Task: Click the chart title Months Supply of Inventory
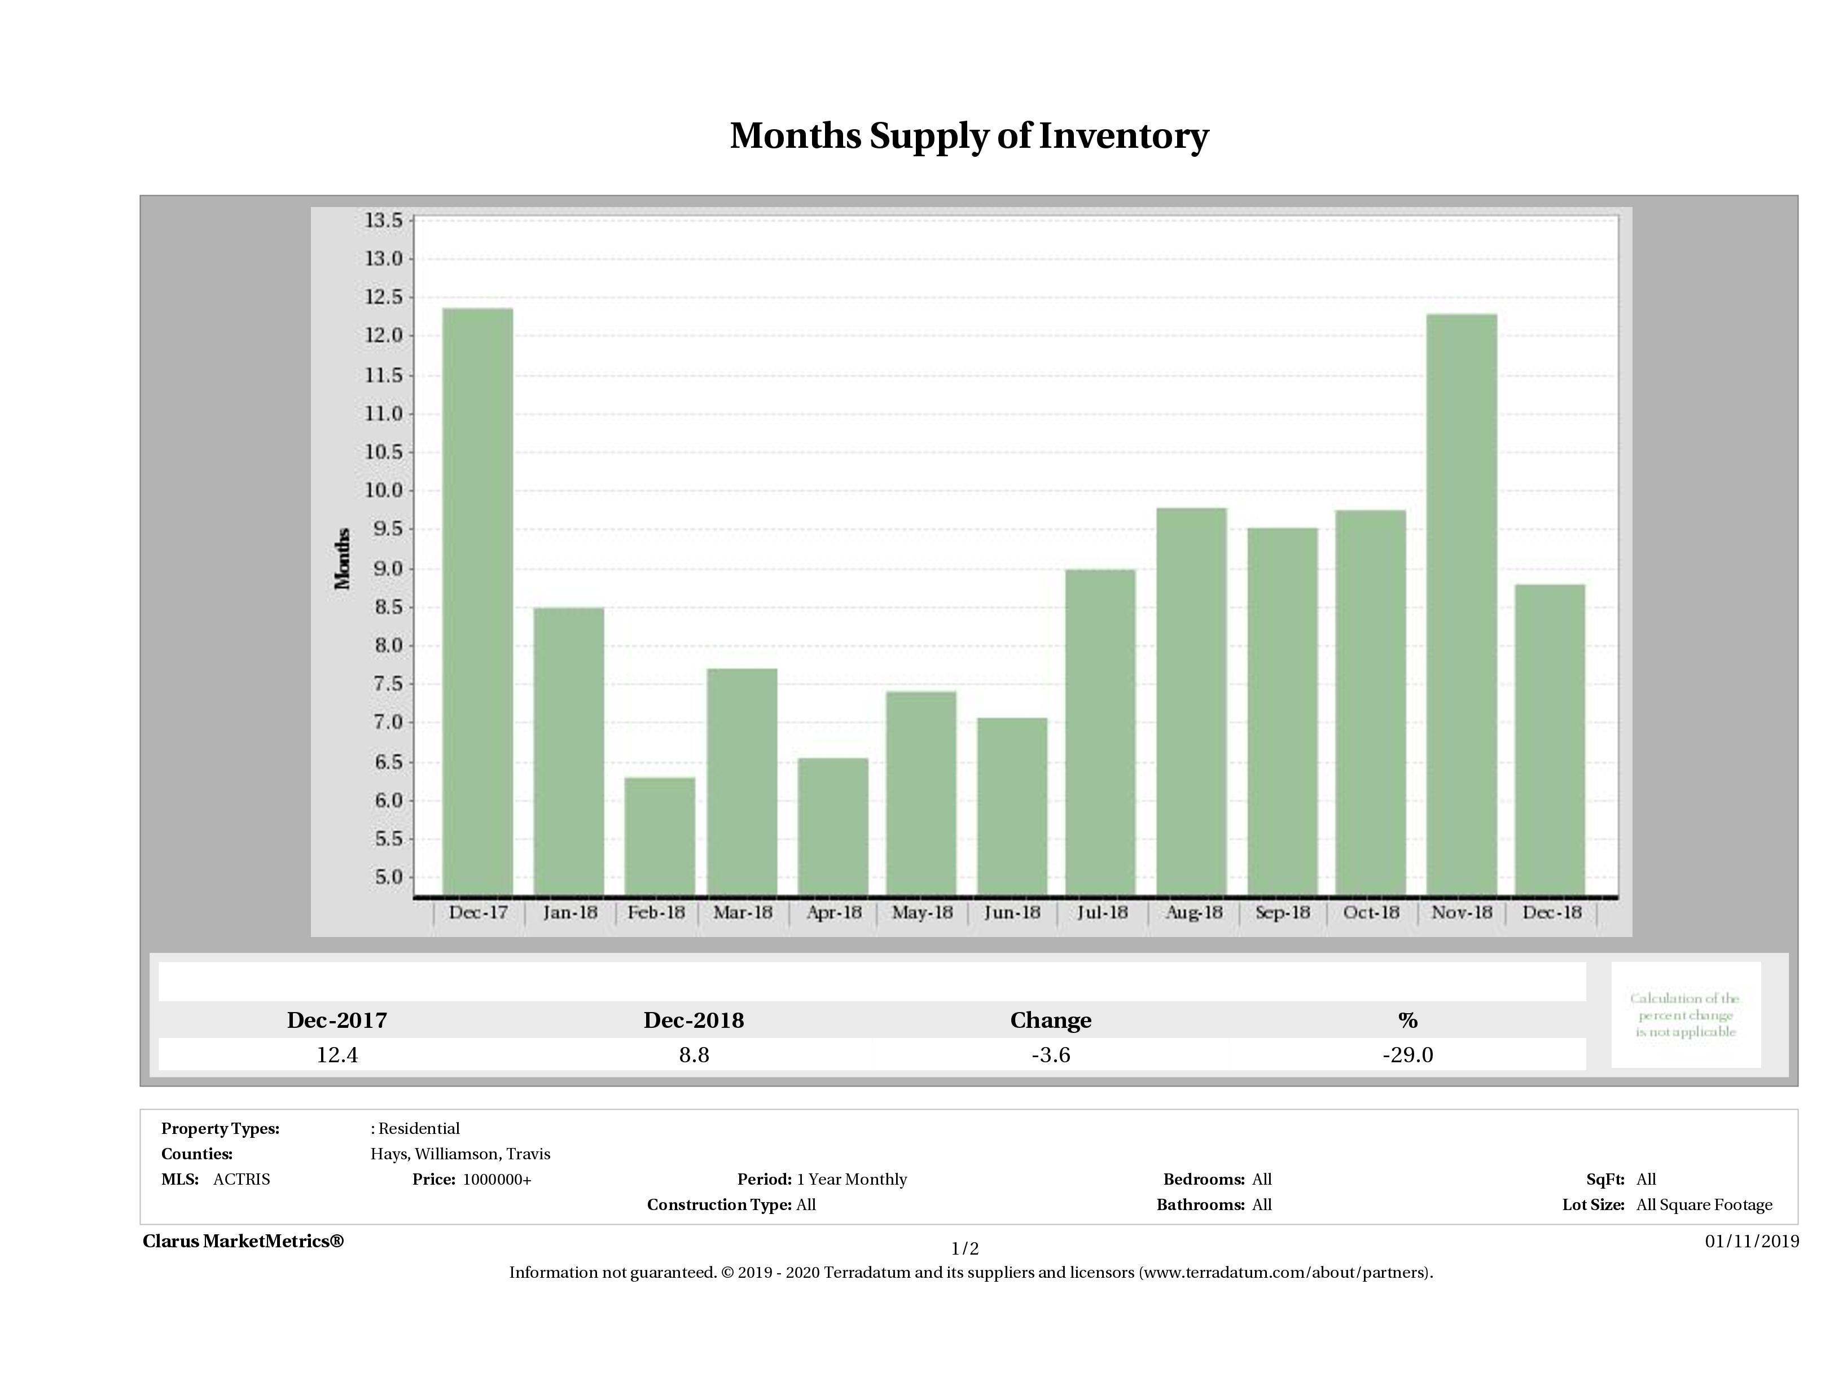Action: (x=969, y=136)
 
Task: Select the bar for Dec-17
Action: (x=477, y=601)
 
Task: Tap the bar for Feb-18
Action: (x=660, y=835)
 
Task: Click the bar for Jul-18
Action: (x=1100, y=732)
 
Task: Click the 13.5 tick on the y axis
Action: (x=384, y=221)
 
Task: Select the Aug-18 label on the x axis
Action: (x=1193, y=913)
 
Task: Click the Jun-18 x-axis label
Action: (x=1012, y=913)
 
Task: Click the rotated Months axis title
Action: (x=343, y=559)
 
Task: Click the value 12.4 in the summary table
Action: (x=337, y=1055)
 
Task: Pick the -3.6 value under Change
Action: (x=1051, y=1055)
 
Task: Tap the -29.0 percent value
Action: (x=1408, y=1055)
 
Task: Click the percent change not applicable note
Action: (x=1685, y=1015)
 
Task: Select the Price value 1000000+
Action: (x=497, y=1180)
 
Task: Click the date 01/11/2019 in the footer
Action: (x=1752, y=1241)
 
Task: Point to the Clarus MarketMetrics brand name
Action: (x=243, y=1241)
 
